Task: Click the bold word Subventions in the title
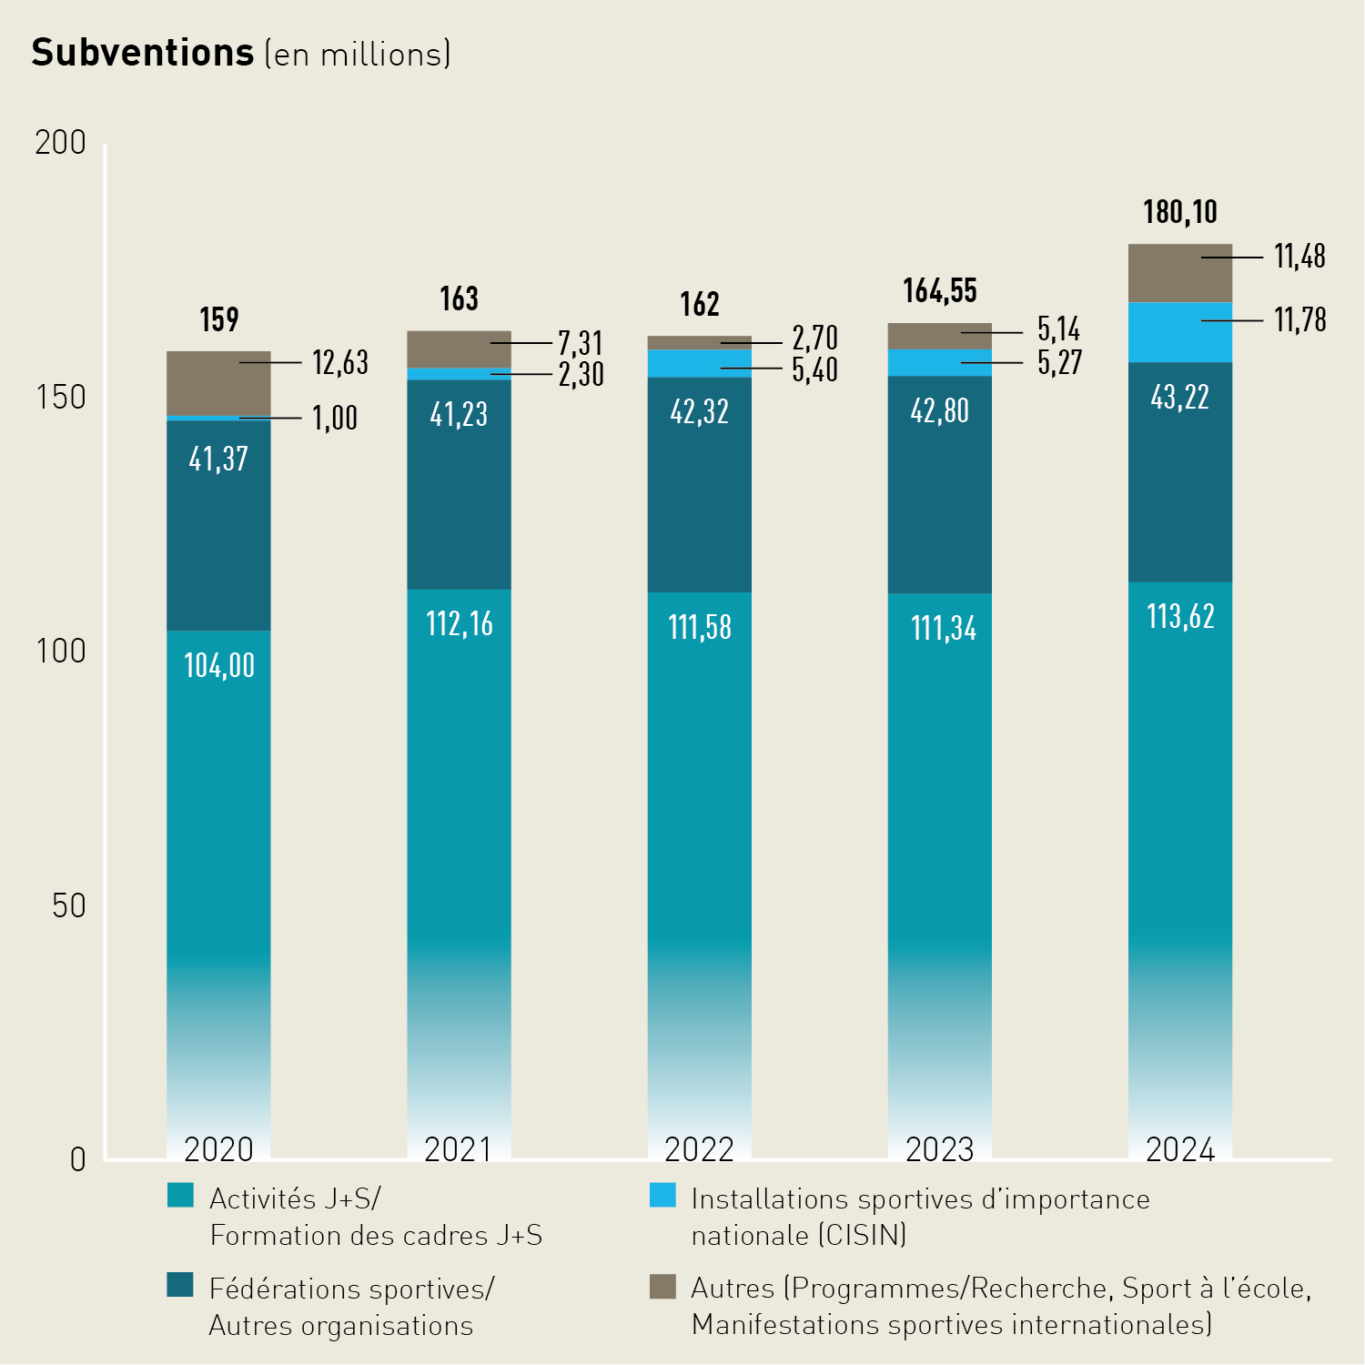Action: tap(143, 53)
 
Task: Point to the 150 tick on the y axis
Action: tap(60, 398)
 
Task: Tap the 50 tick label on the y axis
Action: tap(68, 906)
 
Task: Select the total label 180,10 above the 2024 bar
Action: tap(1180, 212)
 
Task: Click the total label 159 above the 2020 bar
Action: tap(219, 319)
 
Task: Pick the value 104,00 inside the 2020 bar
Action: tap(219, 665)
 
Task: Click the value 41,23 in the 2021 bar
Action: tap(459, 415)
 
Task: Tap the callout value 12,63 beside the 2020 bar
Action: tap(340, 362)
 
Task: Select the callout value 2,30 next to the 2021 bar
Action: tap(581, 375)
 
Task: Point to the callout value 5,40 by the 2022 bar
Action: tap(814, 370)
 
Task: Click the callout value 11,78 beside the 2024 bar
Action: tap(1299, 320)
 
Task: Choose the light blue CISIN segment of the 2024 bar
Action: tap(1179, 333)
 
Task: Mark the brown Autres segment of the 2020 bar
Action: tap(218, 382)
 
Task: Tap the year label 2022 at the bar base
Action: tap(699, 1149)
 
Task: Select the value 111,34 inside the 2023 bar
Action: tap(944, 628)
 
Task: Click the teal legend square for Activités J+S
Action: tap(181, 1196)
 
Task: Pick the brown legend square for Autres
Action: tap(662, 1286)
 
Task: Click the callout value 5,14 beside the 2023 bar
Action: tap(1058, 329)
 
